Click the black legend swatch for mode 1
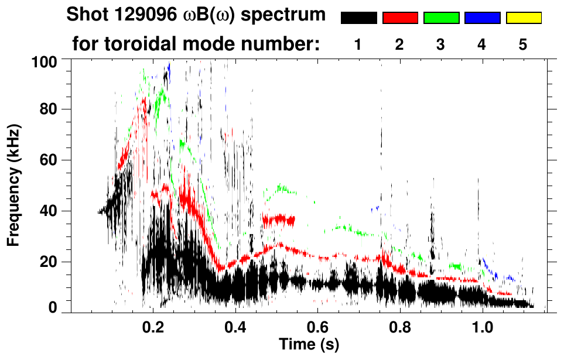(x=358, y=18)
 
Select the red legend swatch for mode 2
(x=400, y=18)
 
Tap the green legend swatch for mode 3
(x=441, y=18)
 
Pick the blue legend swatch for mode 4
(x=482, y=18)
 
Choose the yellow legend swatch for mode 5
(x=523, y=18)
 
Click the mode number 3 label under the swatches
(x=440, y=44)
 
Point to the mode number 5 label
(x=523, y=44)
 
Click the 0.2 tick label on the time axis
(x=153, y=325)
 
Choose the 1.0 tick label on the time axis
(x=483, y=325)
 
